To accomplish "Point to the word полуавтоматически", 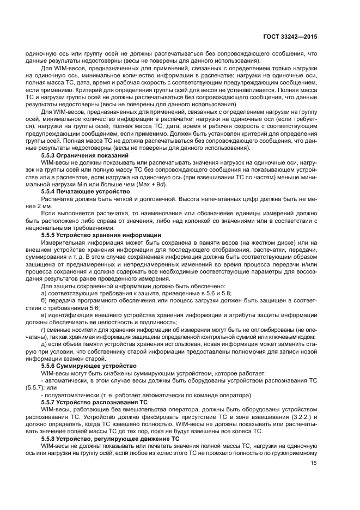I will point(69,394).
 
